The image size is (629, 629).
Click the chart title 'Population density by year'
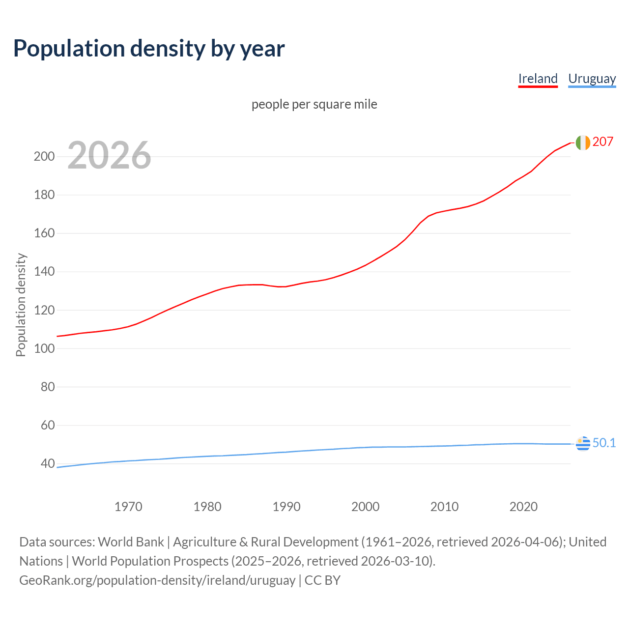pos(149,48)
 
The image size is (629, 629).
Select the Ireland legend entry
pos(538,79)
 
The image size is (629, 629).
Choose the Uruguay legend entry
pos(592,79)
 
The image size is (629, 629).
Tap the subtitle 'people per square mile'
pos(314,104)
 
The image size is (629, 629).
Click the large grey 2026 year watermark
pos(109,155)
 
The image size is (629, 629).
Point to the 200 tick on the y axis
pos(44,156)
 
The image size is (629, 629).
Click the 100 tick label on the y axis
pos(44,348)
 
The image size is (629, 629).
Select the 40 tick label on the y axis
pos(47,463)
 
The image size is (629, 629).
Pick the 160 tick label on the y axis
pos(44,233)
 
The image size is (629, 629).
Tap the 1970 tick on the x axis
pos(128,506)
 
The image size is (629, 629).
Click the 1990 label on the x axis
pos(286,506)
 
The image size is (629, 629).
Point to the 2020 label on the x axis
pos(523,506)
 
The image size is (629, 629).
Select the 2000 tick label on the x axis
pos(365,506)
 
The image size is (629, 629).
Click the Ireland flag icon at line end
pos(582,143)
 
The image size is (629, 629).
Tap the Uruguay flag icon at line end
pos(582,443)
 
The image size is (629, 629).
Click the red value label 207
pos(602,142)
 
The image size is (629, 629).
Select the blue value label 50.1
pos(604,443)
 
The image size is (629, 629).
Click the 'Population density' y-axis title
pos(21,305)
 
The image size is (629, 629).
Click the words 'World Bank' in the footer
pos(131,542)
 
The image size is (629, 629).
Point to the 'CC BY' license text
pos(322,580)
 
